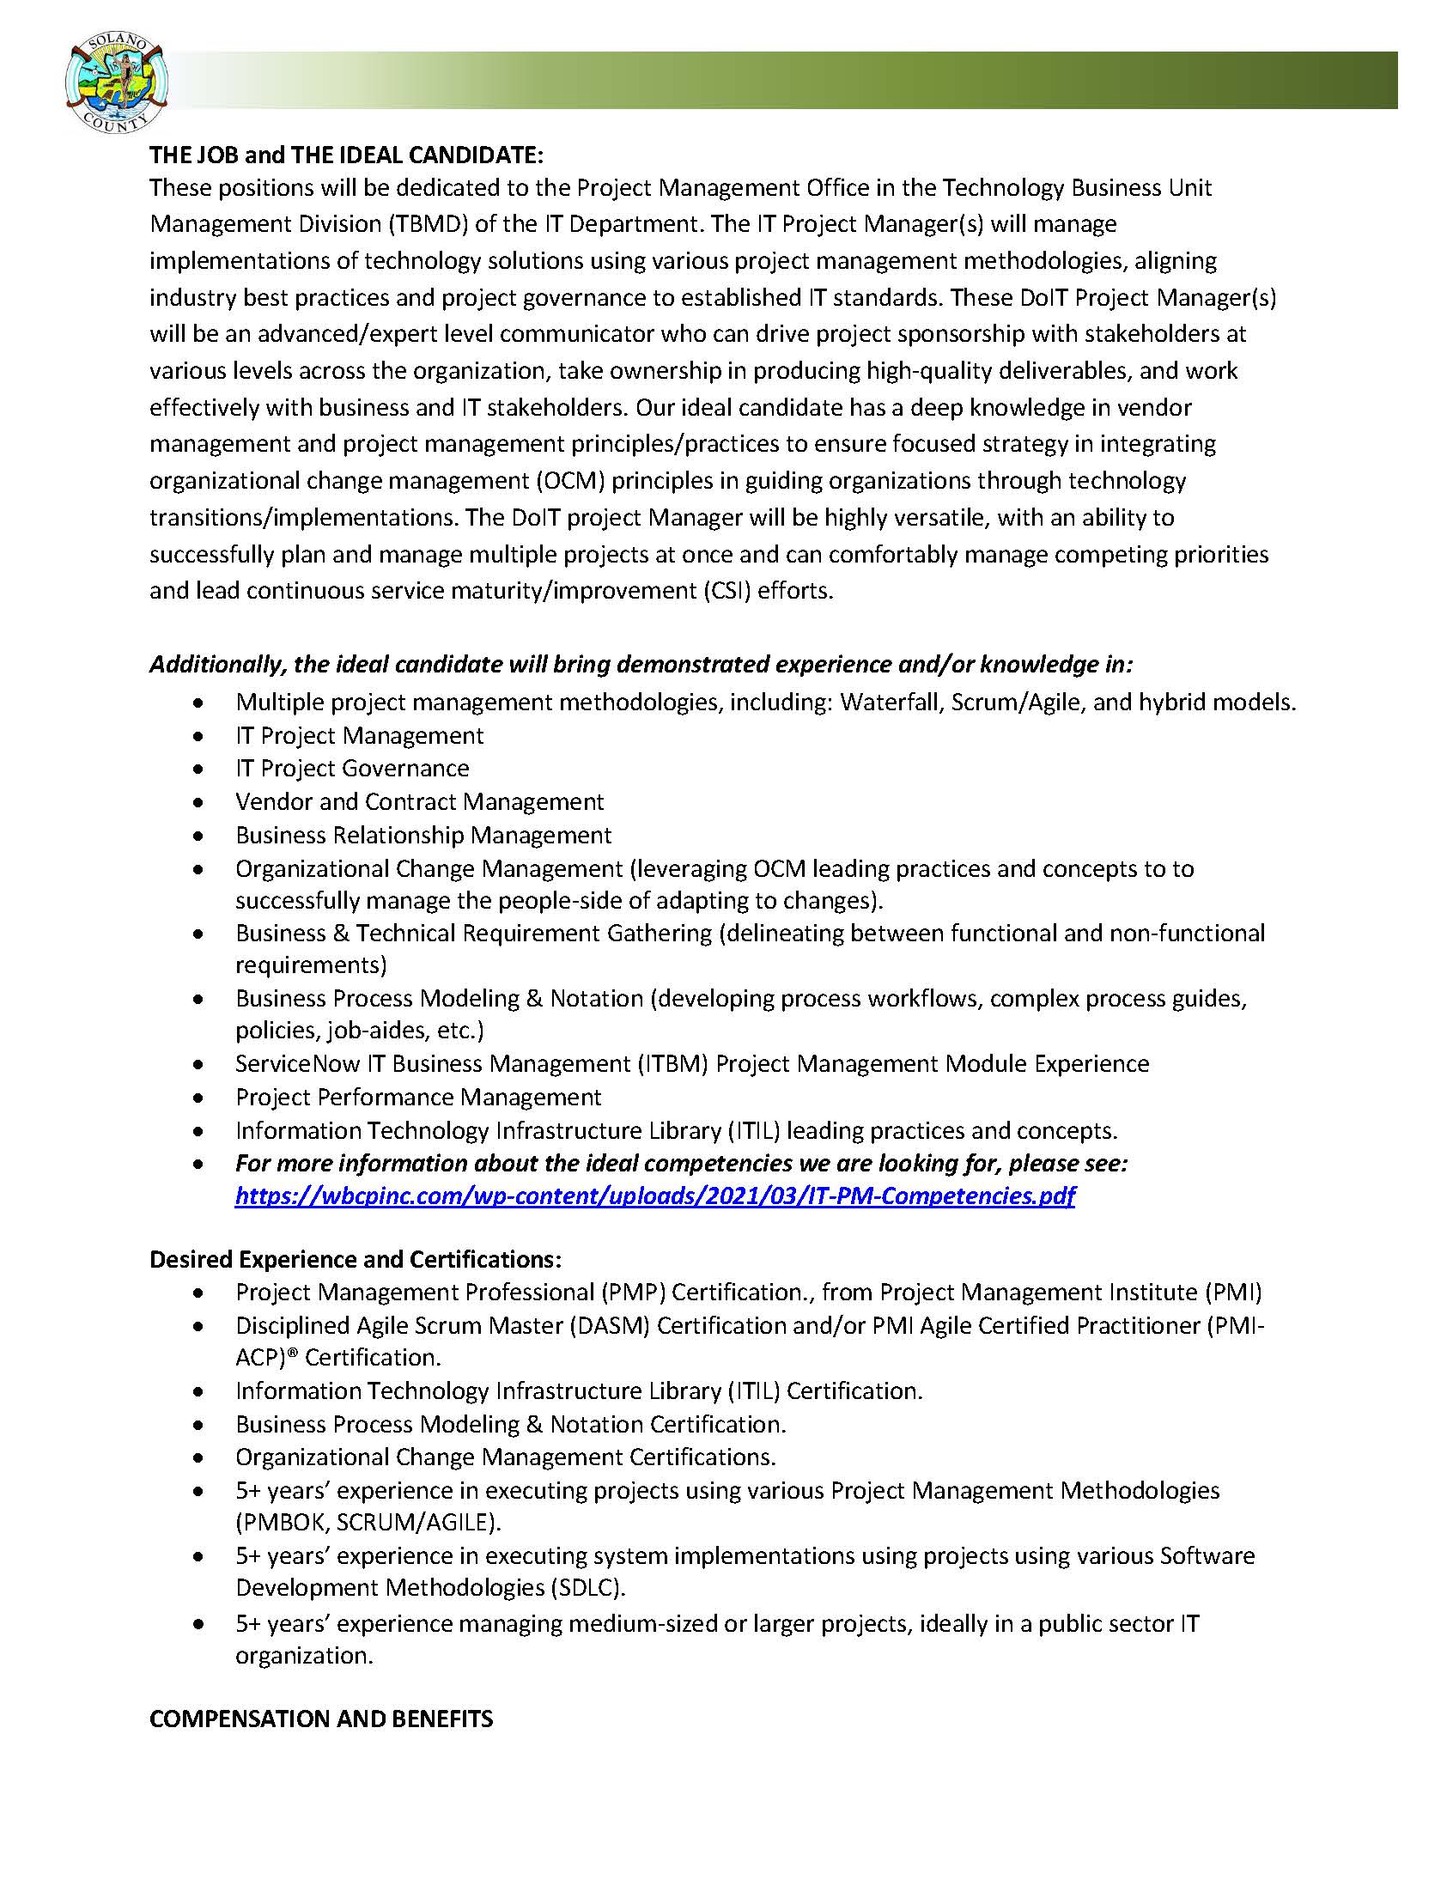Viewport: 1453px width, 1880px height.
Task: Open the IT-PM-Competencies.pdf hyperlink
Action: (654, 1196)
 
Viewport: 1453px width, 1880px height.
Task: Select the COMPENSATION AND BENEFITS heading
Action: (321, 1719)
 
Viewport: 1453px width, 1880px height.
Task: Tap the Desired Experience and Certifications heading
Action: (356, 1259)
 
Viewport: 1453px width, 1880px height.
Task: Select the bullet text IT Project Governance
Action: (352, 768)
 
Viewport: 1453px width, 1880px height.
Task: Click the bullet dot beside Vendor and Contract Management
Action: (200, 802)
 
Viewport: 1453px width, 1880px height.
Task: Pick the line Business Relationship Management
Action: (423, 835)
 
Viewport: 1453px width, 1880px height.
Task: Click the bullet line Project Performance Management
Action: (418, 1097)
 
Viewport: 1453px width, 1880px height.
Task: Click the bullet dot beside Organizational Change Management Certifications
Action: (200, 1457)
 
